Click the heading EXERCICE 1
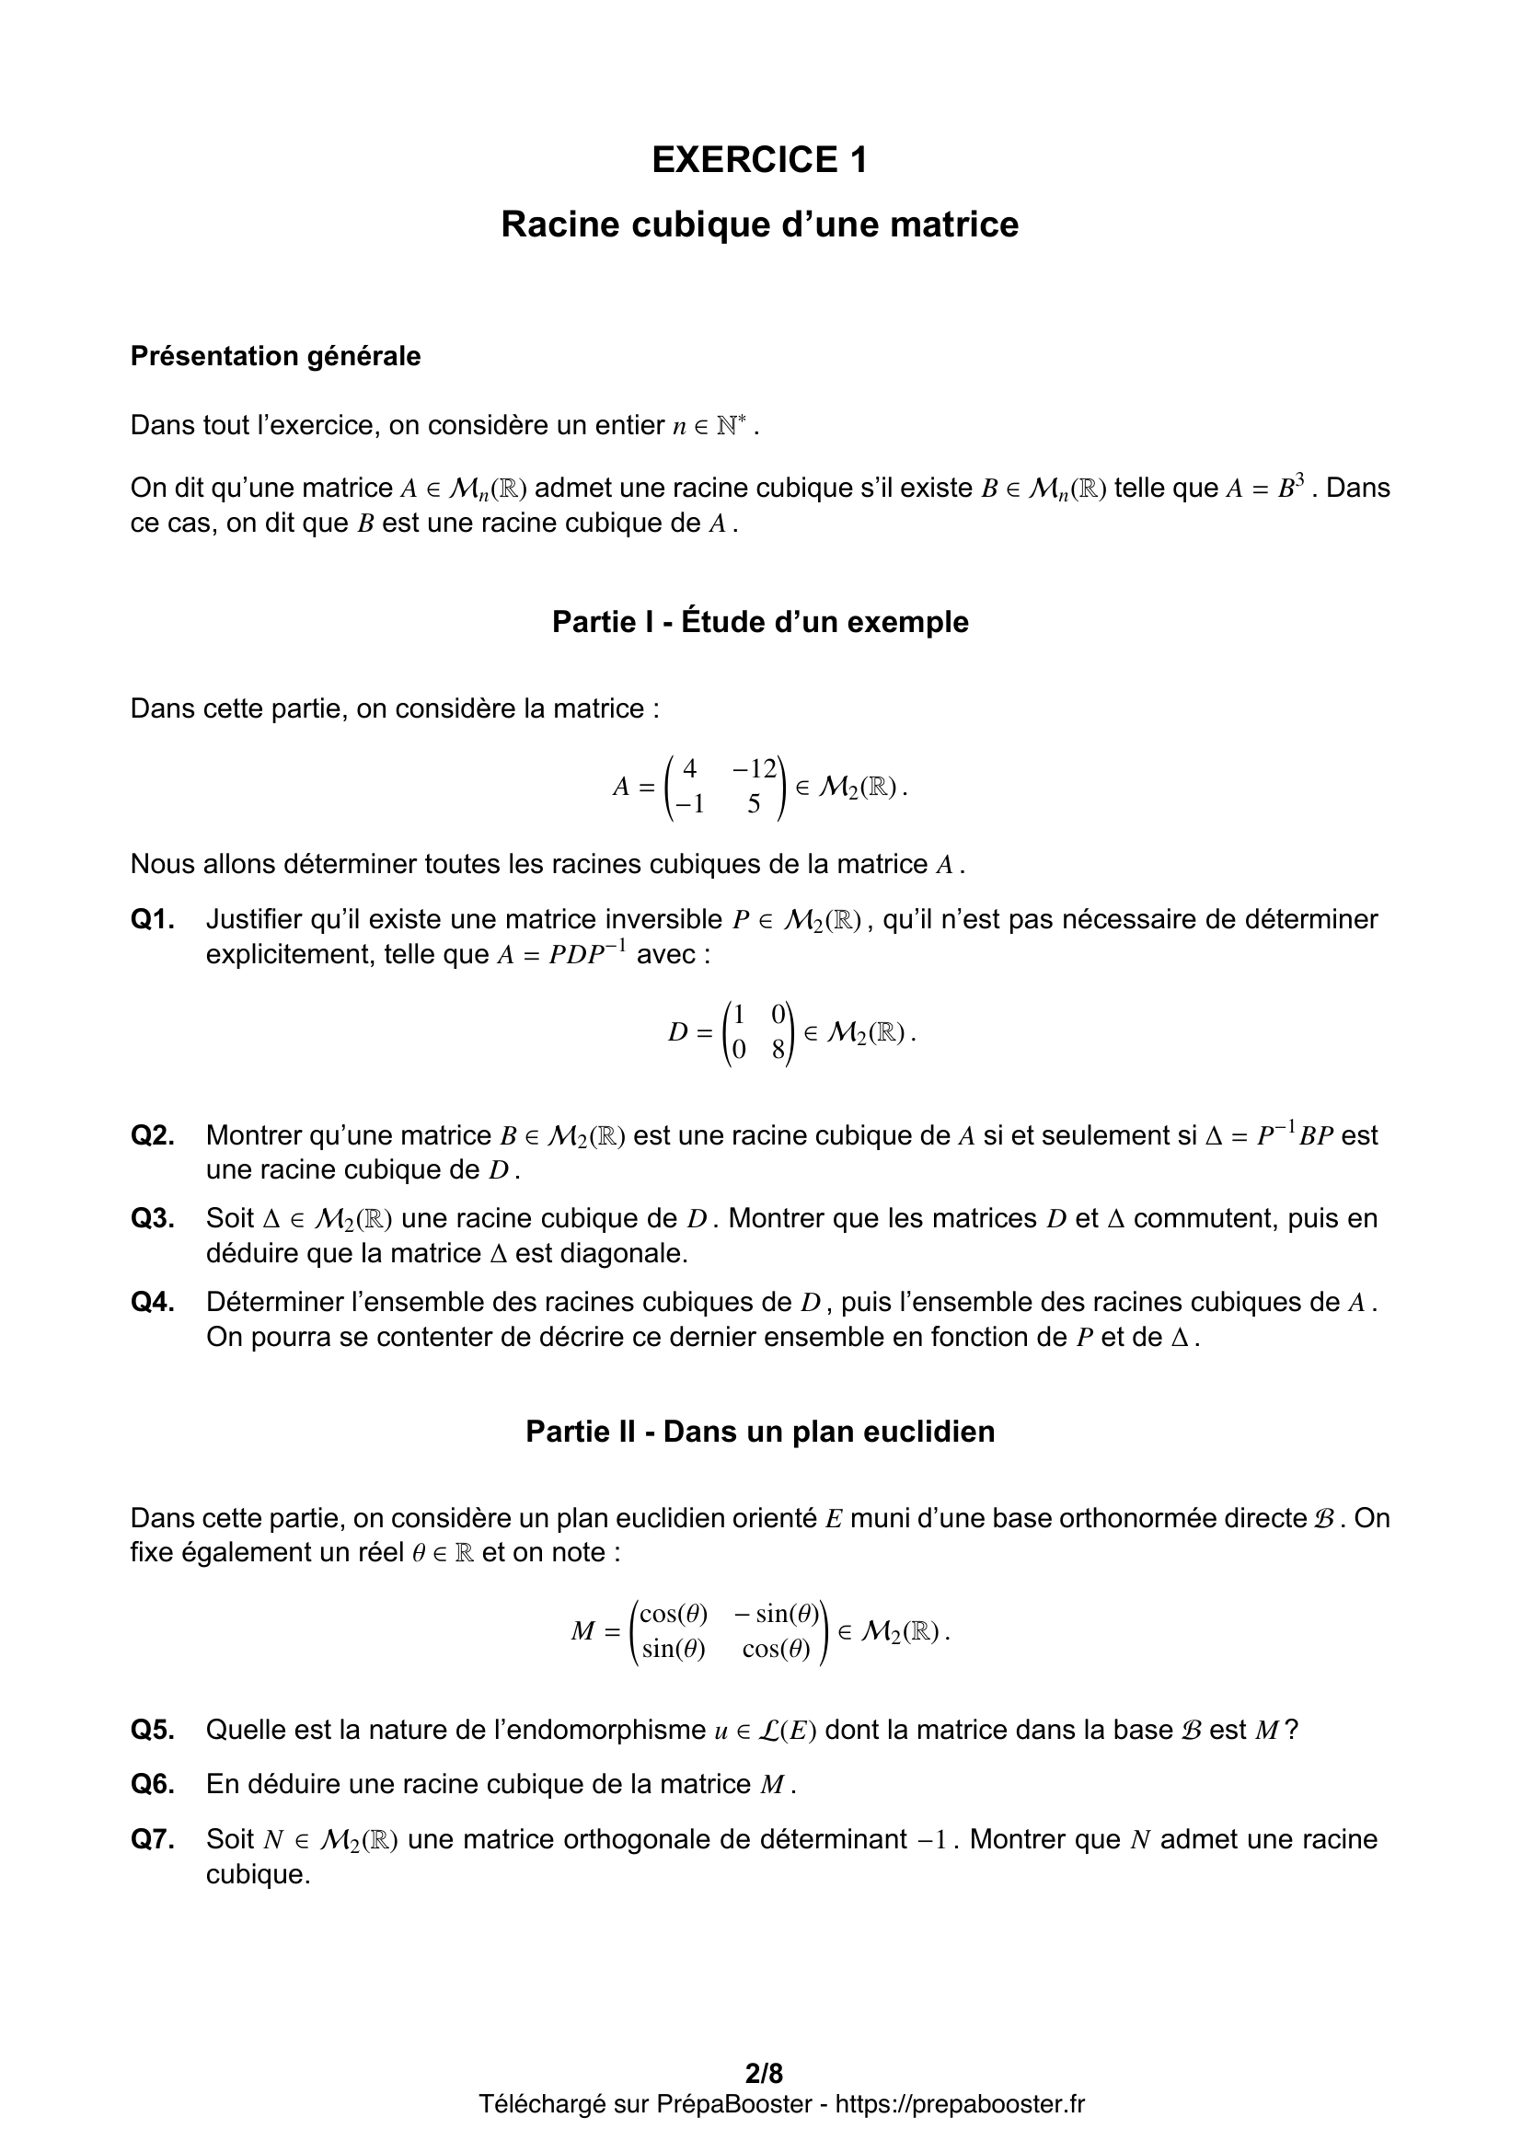point(759,160)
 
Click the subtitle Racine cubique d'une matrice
point(759,224)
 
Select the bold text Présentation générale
point(275,356)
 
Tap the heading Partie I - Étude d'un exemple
point(760,621)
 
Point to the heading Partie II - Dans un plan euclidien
point(760,1432)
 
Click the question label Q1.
point(153,919)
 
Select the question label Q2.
point(153,1135)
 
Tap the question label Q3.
point(153,1218)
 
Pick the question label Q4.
point(153,1302)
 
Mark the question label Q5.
point(153,1730)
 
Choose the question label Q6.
point(153,1784)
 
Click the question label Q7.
point(153,1839)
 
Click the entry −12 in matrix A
point(755,769)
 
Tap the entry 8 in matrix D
point(778,1051)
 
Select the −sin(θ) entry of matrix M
point(776,1613)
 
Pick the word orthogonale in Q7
point(638,1839)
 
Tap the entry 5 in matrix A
point(754,804)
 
